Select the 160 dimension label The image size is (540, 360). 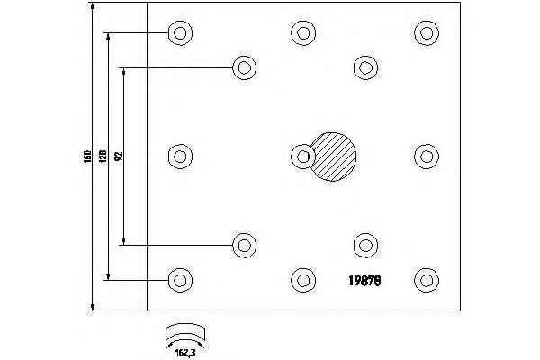click(x=84, y=157)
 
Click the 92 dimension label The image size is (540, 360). click(x=118, y=157)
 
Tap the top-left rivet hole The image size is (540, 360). click(x=180, y=33)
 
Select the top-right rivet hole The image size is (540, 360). click(x=426, y=33)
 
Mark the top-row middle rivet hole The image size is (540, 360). click(x=303, y=33)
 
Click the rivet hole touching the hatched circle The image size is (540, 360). click(x=303, y=156)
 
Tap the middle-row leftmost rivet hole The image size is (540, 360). click(x=180, y=156)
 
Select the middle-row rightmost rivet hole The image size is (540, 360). click(x=426, y=156)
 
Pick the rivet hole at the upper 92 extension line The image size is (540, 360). click(x=243, y=67)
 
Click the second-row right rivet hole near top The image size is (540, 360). click(x=364, y=67)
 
